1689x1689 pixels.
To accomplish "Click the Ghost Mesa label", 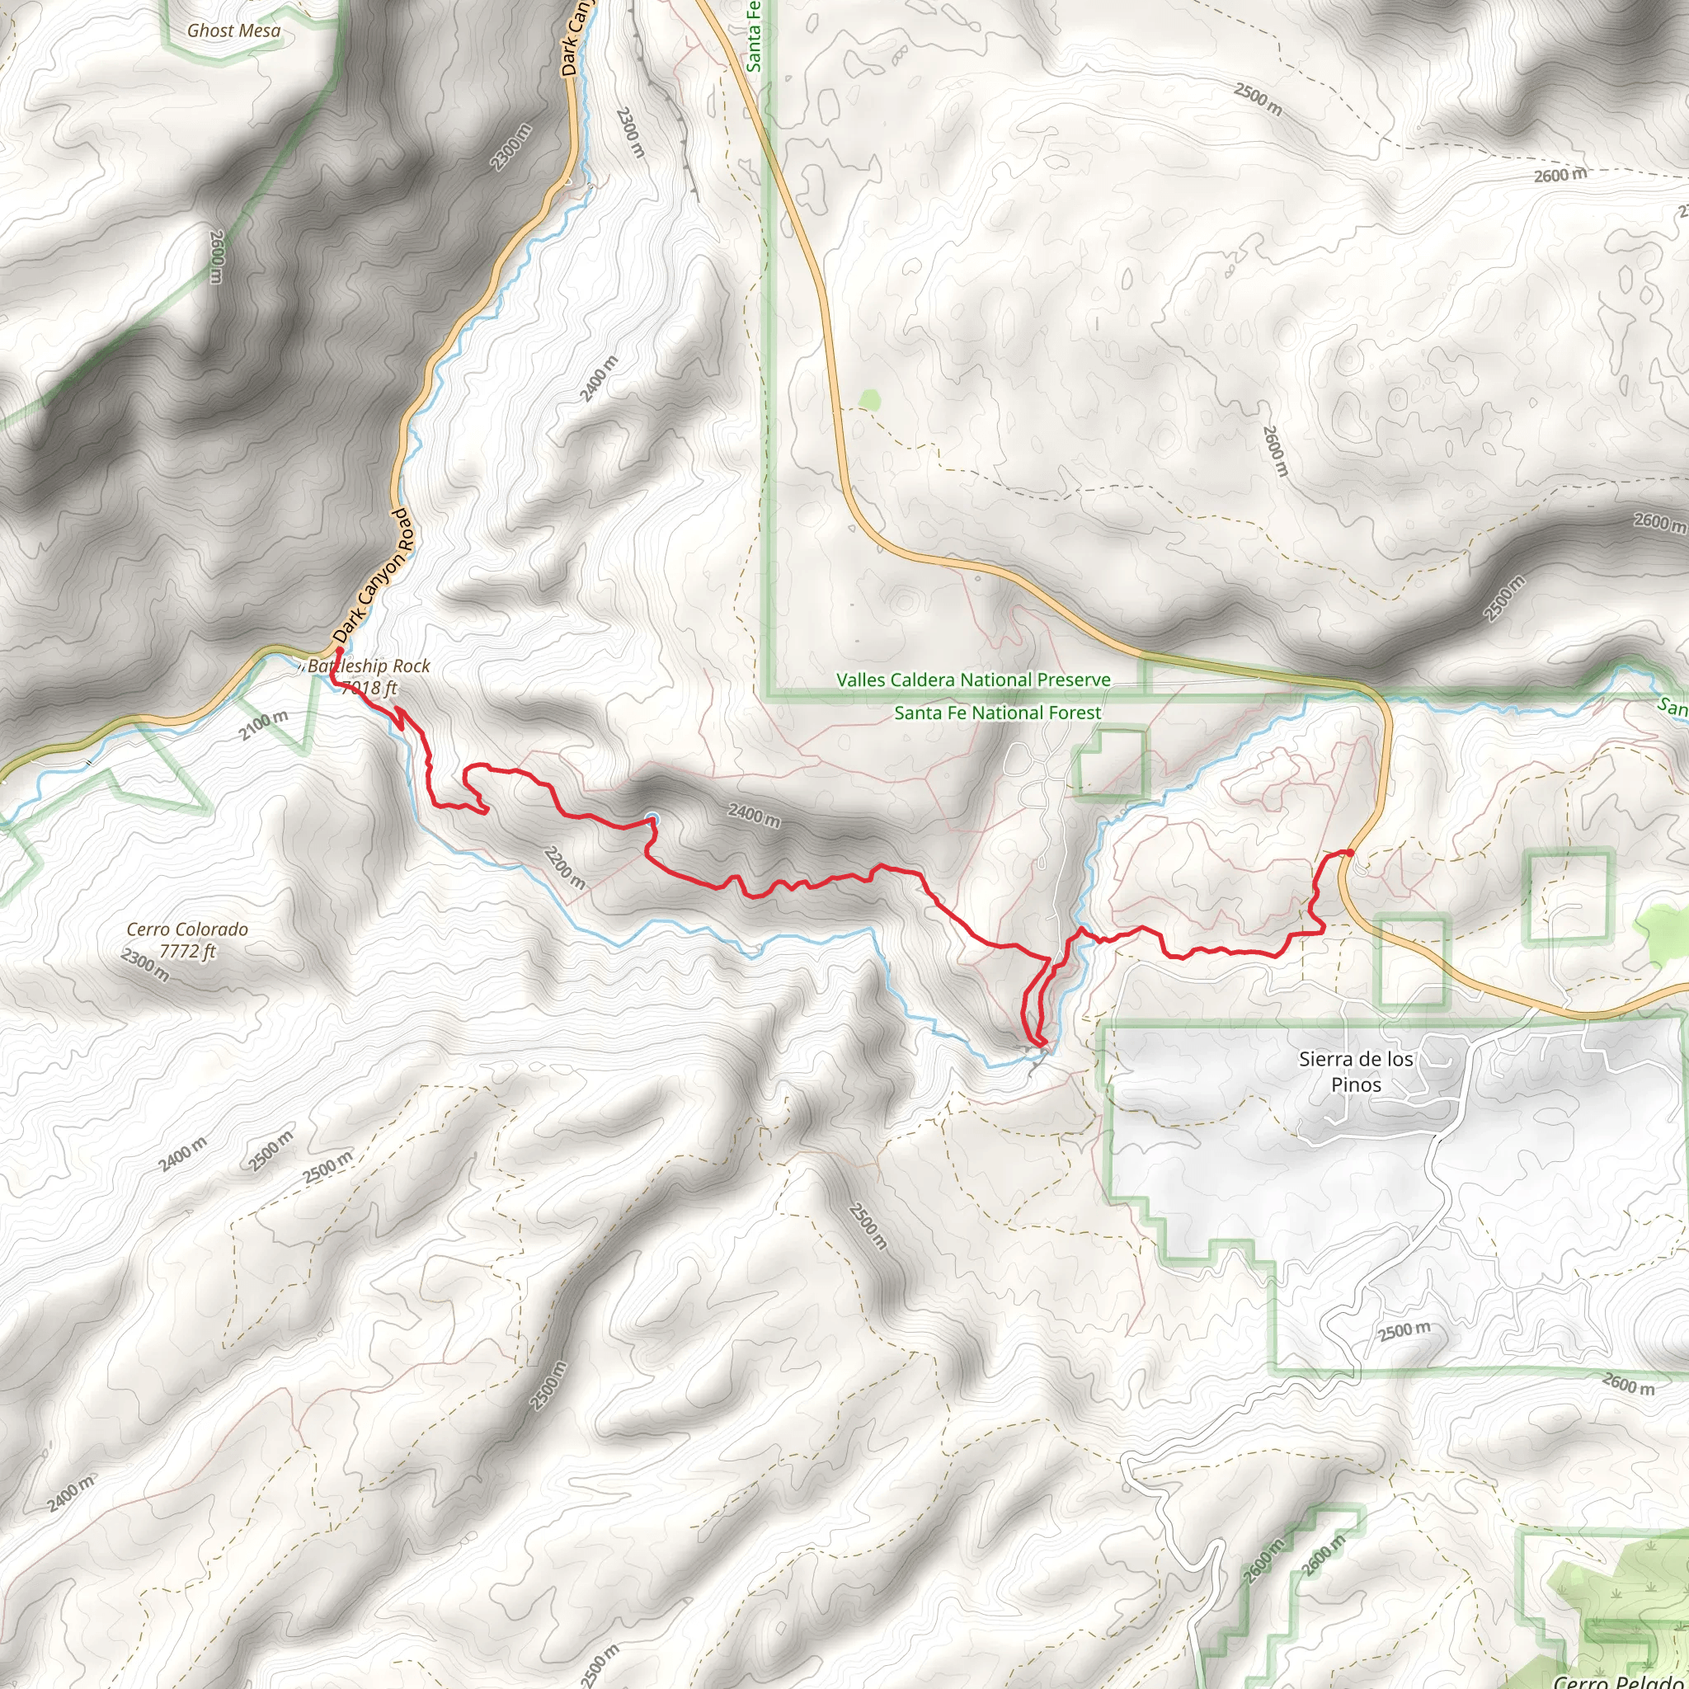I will point(233,31).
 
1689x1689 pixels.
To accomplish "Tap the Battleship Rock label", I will point(369,666).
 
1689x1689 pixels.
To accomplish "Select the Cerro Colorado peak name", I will point(187,929).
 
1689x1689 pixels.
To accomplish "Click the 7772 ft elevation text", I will point(187,951).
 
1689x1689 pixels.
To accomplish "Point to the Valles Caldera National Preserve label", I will point(973,680).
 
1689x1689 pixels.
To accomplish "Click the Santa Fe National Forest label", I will point(998,713).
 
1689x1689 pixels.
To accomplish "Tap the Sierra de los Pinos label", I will point(1356,1072).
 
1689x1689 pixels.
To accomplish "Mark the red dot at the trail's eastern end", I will point(1350,853).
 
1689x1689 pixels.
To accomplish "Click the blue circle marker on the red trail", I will point(652,818).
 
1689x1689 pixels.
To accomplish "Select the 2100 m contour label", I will point(263,726).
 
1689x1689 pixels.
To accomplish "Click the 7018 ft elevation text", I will point(369,689).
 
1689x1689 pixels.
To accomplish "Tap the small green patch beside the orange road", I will point(868,399).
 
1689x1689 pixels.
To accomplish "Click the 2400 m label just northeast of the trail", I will point(754,816).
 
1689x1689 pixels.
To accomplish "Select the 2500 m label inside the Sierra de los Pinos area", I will point(1404,1331).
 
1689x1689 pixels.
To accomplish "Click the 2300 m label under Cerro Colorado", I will point(145,965).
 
